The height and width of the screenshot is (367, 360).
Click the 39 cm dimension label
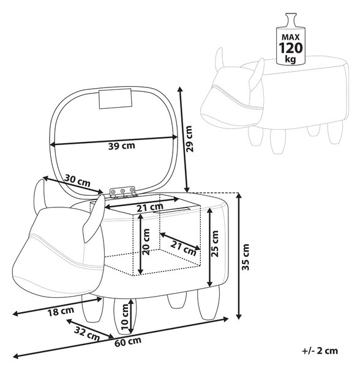coord(122,146)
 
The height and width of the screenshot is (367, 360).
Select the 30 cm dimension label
coord(77,180)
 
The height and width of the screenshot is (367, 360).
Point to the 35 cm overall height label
coord(246,257)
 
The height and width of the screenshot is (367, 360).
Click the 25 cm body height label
coord(214,243)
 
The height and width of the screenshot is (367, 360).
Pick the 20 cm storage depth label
coord(146,242)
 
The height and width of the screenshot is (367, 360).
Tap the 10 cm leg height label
coord(125,317)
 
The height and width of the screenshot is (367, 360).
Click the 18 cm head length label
coord(61,311)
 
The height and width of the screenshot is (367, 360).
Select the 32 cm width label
coord(87,334)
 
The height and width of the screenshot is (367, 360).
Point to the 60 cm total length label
coord(128,342)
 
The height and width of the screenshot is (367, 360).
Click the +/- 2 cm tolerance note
coord(320,351)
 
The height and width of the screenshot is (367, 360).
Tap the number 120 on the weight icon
coord(291,48)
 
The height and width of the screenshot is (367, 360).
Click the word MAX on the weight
coord(291,37)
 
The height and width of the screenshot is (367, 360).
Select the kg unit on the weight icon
coord(290,59)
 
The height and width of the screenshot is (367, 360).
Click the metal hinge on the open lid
coord(123,192)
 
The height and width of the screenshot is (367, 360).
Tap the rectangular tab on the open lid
coord(115,98)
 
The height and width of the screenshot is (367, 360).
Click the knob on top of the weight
coord(291,20)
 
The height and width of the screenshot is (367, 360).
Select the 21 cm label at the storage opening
coord(150,207)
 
